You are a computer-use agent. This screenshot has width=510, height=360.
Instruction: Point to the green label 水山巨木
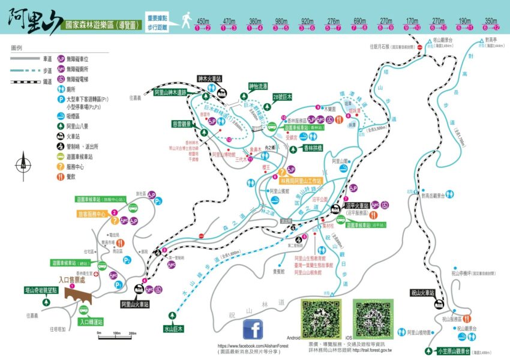click(173, 329)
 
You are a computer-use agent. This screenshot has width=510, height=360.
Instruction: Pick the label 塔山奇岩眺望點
click(41, 289)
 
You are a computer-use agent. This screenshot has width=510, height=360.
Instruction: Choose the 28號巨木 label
click(281, 97)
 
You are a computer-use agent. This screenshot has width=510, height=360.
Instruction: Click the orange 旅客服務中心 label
click(91, 214)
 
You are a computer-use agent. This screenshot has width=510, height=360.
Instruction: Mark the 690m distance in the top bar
click(359, 21)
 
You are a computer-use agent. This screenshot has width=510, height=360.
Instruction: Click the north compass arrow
click(23, 160)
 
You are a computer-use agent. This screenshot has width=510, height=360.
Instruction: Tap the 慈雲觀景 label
click(181, 124)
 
